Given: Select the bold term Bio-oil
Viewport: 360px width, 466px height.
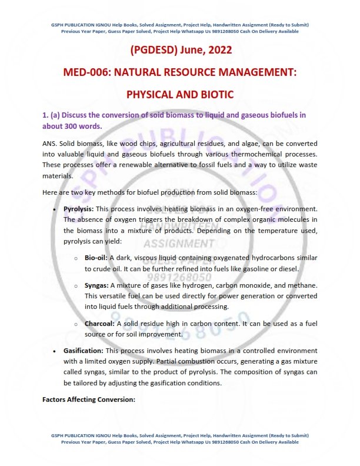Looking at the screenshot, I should point(96,258).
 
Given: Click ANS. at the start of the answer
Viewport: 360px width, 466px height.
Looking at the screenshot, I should point(51,144).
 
